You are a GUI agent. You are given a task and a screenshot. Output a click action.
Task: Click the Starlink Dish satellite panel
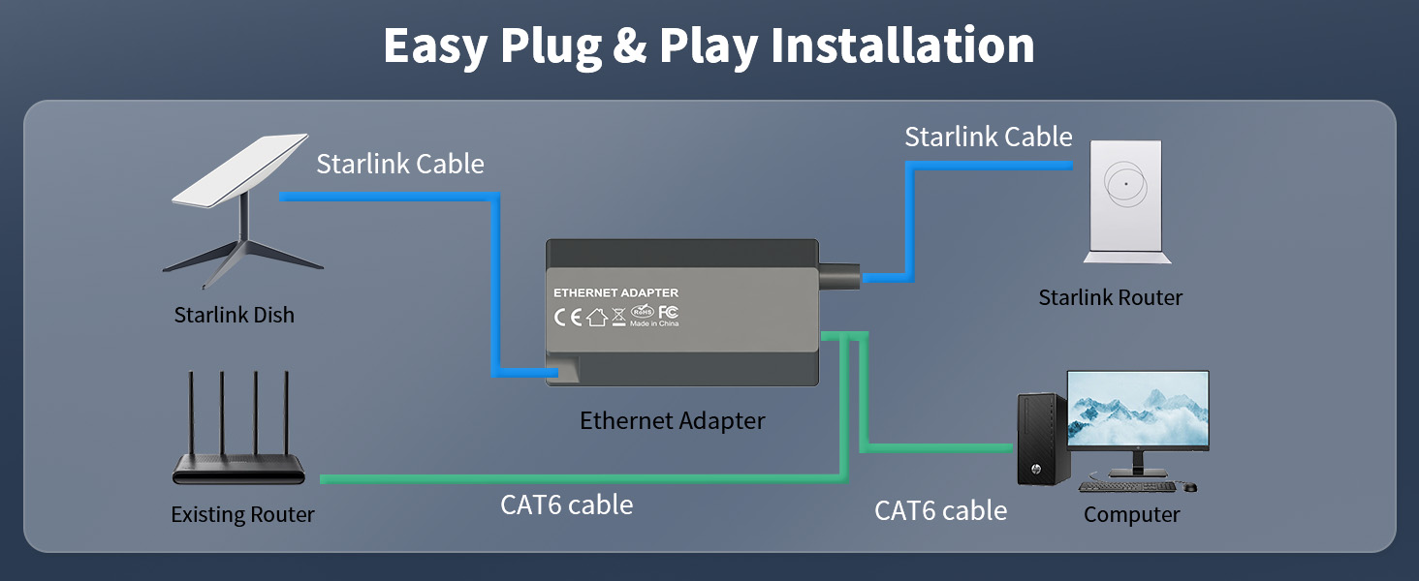coord(239,169)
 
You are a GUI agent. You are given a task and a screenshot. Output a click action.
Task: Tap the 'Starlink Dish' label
coord(235,315)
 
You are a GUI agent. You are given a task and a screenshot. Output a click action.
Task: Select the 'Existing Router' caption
coord(242,514)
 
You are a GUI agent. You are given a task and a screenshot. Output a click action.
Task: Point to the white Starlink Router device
coord(1127,201)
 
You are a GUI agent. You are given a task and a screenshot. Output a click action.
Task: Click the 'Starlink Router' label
coord(1111,297)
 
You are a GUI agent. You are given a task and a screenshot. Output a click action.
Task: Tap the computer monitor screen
coord(1138,411)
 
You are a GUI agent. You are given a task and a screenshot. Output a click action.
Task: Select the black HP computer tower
coord(1043,440)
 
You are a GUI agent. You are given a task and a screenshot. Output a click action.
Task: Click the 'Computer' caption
coord(1132,514)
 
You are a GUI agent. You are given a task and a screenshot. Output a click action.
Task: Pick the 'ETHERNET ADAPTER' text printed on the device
coord(615,293)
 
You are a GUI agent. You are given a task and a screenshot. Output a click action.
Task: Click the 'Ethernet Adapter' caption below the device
coord(672,421)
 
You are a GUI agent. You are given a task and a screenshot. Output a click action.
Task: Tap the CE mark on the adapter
coord(568,317)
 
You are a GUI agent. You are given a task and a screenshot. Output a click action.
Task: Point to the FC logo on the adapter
coord(669,312)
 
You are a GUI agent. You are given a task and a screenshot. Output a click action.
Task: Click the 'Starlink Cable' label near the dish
coord(400,164)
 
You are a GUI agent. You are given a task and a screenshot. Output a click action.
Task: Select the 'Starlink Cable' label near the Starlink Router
coord(989,137)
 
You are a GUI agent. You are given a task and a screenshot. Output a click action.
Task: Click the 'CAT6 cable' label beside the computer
coord(941,510)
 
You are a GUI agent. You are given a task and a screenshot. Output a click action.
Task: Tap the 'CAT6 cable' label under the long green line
coord(567,505)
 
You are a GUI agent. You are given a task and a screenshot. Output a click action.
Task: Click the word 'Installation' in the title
coord(902,46)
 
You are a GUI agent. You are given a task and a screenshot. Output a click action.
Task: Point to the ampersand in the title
coord(630,46)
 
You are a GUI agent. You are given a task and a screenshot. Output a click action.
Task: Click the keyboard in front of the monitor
coord(1127,487)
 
